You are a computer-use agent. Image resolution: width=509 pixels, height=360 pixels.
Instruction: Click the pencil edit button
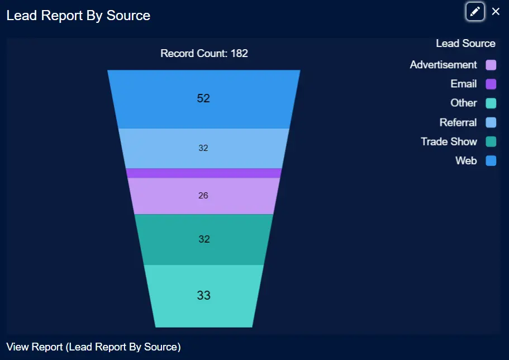coord(475,12)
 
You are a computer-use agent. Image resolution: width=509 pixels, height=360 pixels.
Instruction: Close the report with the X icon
coord(496,12)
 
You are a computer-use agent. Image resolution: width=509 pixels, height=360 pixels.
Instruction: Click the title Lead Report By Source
coord(78,15)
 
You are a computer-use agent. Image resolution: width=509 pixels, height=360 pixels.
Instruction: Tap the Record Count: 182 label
coord(204,54)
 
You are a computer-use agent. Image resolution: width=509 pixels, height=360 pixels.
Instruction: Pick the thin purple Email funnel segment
coord(203,173)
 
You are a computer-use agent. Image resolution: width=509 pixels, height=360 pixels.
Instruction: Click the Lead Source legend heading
coord(465,44)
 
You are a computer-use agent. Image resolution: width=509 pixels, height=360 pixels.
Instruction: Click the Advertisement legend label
coord(443,65)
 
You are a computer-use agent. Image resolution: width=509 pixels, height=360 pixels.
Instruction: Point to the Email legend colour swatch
coord(491,84)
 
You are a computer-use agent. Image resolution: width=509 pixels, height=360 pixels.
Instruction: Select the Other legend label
coord(464,103)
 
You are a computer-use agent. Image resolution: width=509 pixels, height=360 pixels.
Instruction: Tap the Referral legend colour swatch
coord(491,123)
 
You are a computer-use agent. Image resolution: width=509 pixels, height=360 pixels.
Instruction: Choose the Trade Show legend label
coord(449,141)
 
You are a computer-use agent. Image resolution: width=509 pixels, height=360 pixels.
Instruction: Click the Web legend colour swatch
coord(491,161)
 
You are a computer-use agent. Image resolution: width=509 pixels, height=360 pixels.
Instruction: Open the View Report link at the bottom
coord(93,347)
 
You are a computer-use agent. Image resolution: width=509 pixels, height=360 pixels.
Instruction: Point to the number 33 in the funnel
coord(203,295)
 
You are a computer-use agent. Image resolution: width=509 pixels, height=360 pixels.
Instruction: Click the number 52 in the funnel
coord(203,98)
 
